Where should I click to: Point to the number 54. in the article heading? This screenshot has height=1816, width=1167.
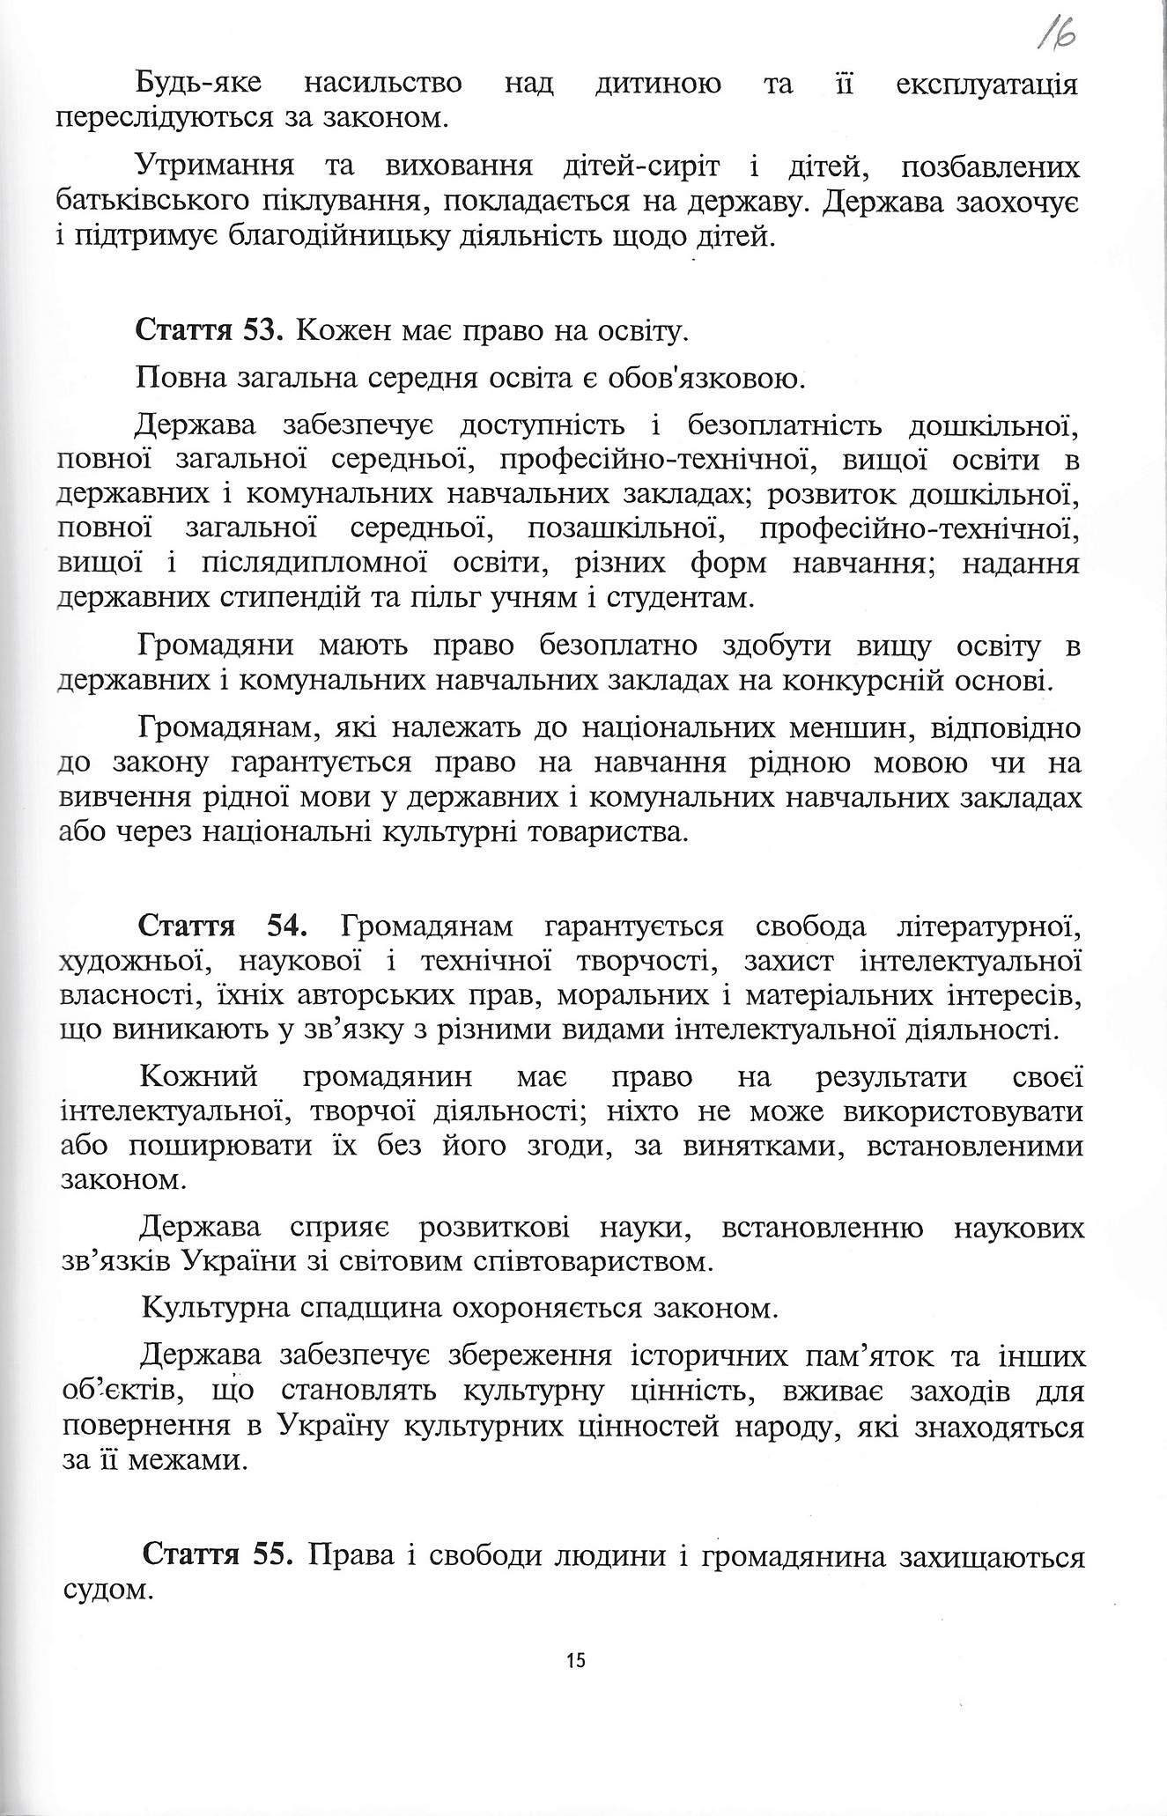[286, 927]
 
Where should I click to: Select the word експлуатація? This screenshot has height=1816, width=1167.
[987, 85]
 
